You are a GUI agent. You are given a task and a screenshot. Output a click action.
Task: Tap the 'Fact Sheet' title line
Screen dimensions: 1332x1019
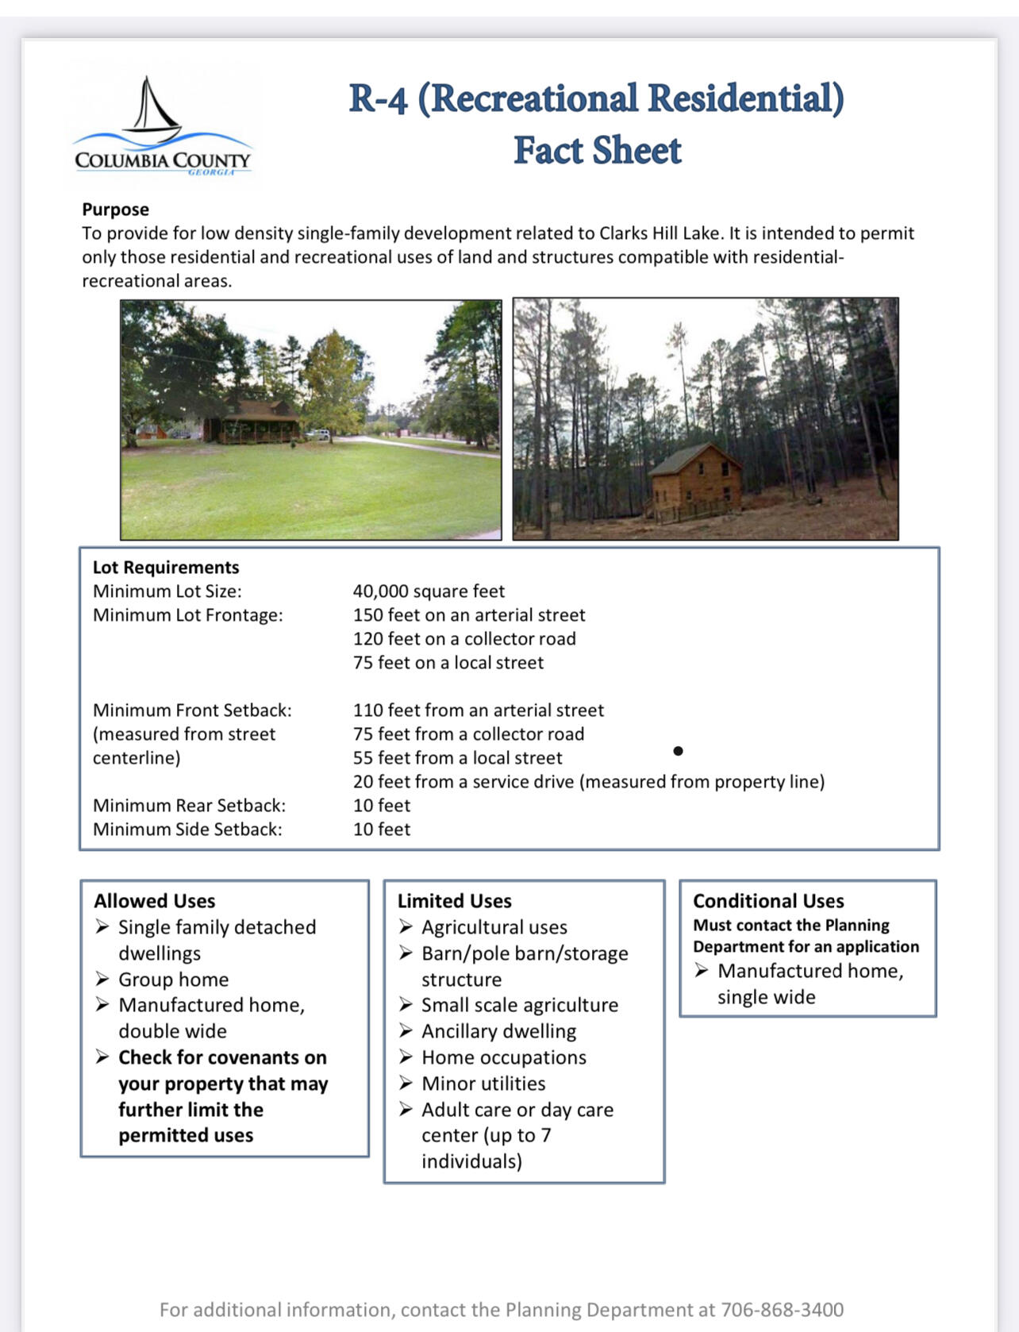click(597, 150)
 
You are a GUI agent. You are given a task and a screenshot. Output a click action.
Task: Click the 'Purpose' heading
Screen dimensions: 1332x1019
click(115, 210)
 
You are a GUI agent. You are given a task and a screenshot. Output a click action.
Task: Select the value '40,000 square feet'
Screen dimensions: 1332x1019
click(429, 591)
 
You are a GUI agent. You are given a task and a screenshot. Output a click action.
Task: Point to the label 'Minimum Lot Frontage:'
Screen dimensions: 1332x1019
click(187, 615)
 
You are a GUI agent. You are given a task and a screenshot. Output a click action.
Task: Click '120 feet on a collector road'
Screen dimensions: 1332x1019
click(464, 639)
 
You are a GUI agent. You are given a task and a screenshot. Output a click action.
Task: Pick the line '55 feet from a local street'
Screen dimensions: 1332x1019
click(457, 758)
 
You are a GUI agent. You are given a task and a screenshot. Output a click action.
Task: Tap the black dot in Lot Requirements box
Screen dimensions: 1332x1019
click(678, 751)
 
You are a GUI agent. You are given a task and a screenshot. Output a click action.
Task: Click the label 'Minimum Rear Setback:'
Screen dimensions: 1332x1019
click(189, 806)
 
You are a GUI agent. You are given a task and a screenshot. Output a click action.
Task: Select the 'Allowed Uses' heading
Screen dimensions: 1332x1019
click(155, 901)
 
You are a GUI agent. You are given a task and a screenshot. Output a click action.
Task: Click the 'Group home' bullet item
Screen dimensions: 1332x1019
click(173, 980)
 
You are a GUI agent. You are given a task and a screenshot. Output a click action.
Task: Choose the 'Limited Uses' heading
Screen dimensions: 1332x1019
click(454, 901)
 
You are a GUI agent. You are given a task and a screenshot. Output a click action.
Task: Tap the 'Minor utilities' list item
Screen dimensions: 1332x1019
click(483, 1084)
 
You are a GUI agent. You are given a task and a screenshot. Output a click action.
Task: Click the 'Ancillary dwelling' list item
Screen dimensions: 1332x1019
click(498, 1031)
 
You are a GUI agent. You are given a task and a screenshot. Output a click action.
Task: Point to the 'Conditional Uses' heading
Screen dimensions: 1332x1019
click(768, 901)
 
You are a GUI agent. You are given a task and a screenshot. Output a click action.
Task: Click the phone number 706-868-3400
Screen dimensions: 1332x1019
click(782, 1310)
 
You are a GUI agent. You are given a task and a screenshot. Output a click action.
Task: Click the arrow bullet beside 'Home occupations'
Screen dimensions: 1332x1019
click(406, 1057)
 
